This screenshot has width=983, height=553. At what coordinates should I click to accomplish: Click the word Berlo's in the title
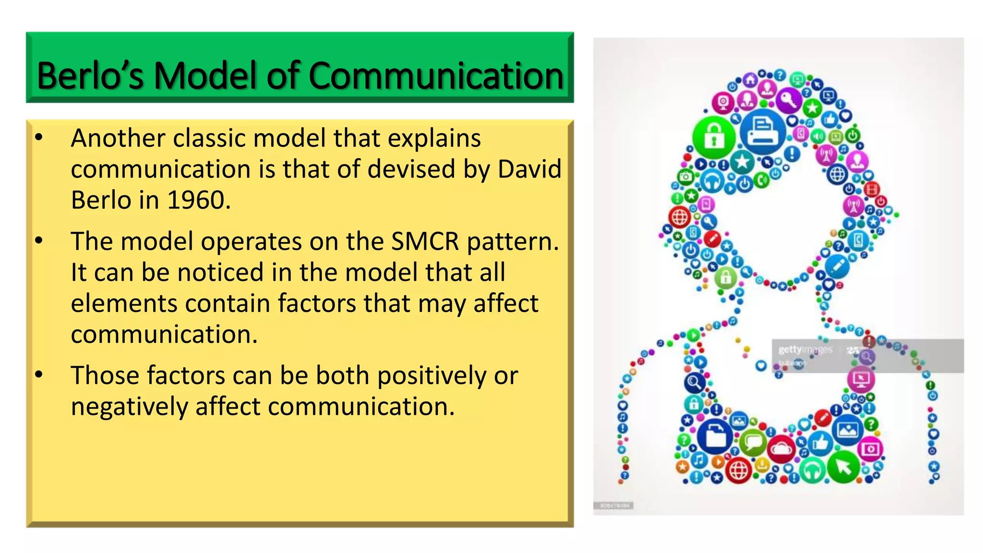pyautogui.click(x=90, y=76)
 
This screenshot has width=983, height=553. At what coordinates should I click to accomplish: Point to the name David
pyautogui.click(x=529, y=169)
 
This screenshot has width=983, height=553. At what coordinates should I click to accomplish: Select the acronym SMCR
pyautogui.click(x=425, y=241)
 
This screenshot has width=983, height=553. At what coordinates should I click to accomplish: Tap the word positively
pyautogui.click(x=432, y=375)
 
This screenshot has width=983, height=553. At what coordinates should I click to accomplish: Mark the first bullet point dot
pyautogui.click(x=39, y=138)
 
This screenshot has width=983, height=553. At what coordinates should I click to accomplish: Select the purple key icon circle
pyautogui.click(x=789, y=100)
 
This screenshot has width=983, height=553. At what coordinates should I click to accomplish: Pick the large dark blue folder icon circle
pyautogui.click(x=715, y=435)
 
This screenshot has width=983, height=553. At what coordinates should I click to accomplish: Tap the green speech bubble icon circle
pyautogui.click(x=753, y=442)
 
